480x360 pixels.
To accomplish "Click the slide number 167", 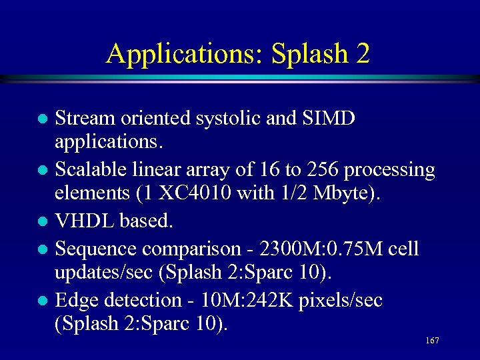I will point(431,341).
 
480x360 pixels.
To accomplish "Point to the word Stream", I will point(84,118).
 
